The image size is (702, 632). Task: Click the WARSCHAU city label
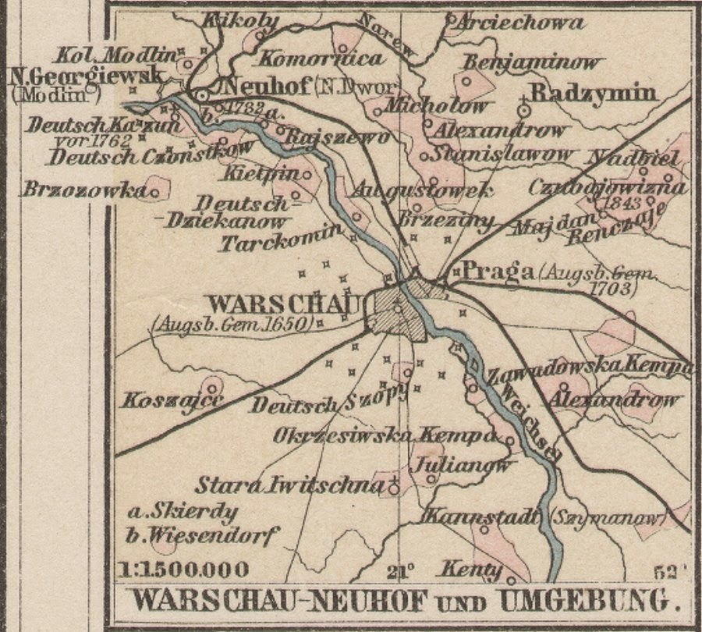point(285,304)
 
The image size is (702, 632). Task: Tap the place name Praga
point(496,271)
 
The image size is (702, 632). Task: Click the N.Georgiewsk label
point(84,76)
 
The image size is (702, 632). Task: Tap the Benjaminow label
point(533,62)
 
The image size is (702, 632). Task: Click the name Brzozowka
point(84,190)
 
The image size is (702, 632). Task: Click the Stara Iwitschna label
point(290,486)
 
